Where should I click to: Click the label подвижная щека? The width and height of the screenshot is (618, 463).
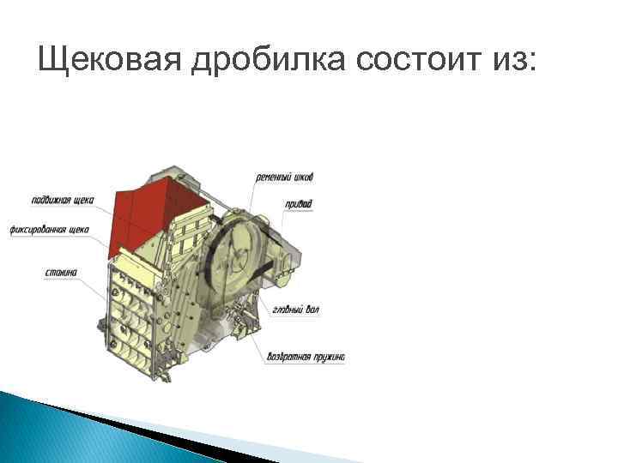point(63,199)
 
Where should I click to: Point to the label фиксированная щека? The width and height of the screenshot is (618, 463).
point(49,229)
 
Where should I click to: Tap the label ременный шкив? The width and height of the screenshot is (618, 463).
point(285,177)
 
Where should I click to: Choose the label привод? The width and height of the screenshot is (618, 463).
point(300,204)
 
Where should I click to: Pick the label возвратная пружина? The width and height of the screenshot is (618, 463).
point(306,356)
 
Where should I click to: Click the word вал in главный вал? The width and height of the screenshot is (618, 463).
point(312,310)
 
